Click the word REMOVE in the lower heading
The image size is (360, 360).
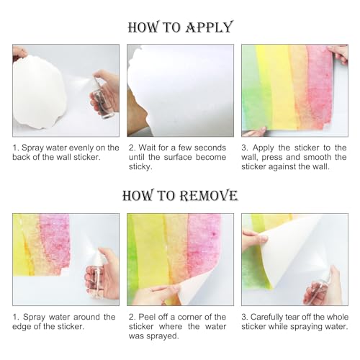[x=202, y=196]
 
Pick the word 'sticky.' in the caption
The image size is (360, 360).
[x=140, y=166]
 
